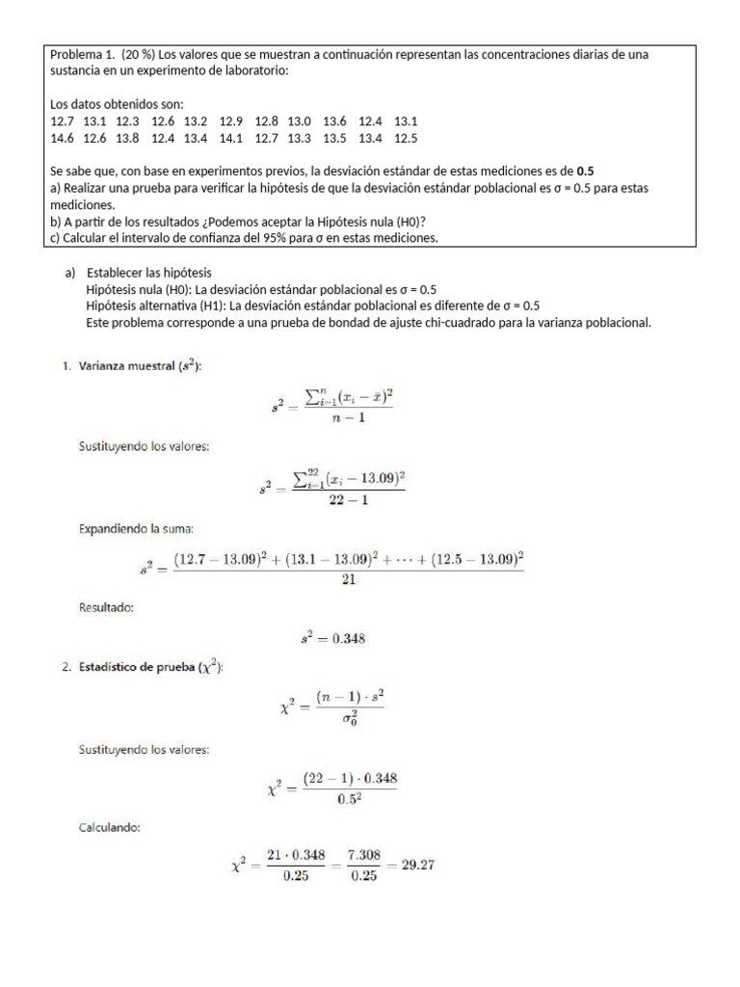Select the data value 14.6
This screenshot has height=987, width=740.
(x=62, y=138)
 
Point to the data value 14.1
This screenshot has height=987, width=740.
(x=232, y=138)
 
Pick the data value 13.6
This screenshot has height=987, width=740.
(x=334, y=121)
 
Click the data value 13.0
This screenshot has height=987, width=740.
(x=300, y=121)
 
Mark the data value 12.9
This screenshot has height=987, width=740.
(x=231, y=121)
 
